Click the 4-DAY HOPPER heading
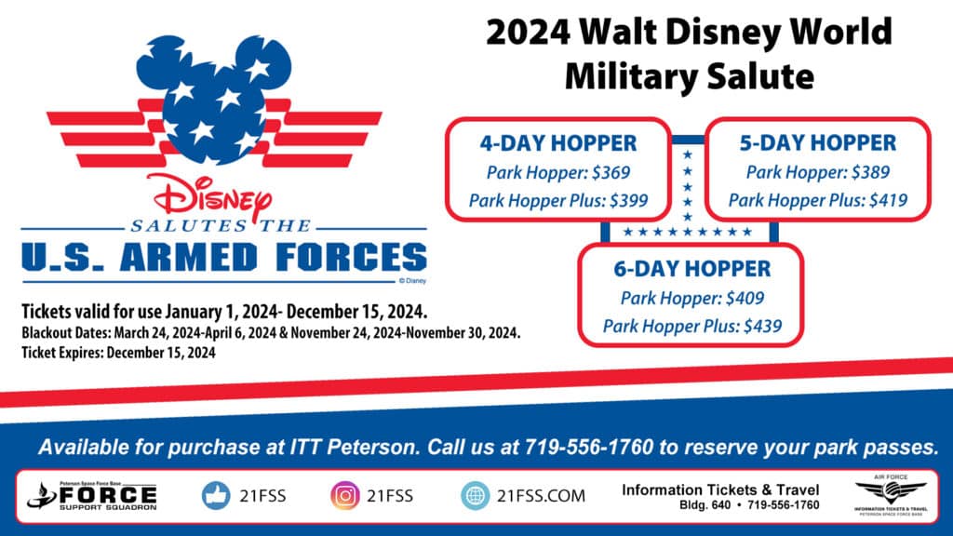[558, 143]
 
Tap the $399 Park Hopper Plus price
[629, 201]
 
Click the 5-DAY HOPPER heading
[817, 143]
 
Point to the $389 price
[871, 172]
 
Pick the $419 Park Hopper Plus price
[889, 201]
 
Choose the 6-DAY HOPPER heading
[691, 269]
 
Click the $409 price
[745, 299]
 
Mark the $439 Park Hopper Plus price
[763, 327]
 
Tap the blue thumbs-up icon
[216, 495]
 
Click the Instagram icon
[344, 495]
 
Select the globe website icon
[475, 495]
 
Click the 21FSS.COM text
[541, 496]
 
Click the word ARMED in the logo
[188, 257]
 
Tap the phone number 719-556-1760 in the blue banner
[588, 448]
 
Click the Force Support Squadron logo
[92, 496]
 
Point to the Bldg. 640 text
[705, 505]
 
